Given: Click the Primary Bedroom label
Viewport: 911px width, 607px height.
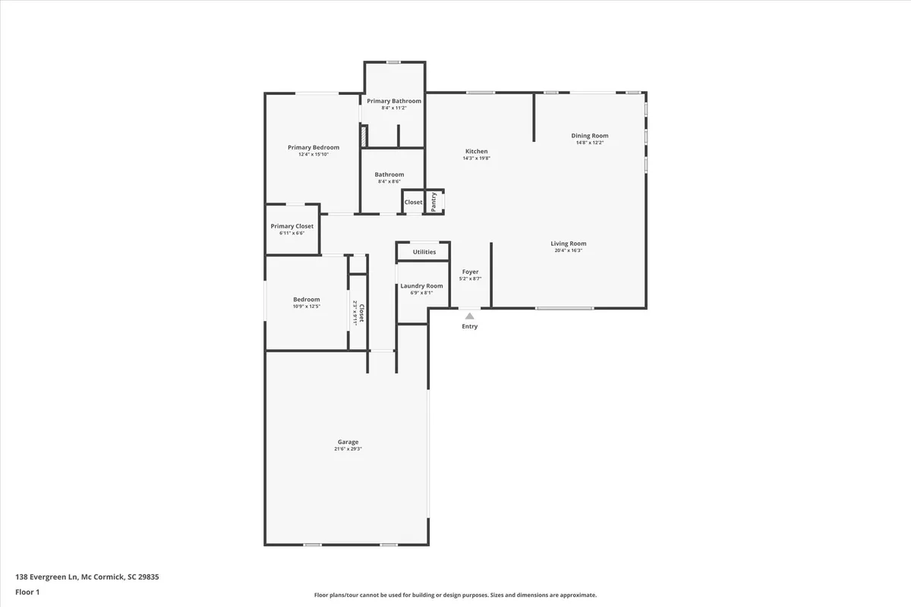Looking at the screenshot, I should click(x=313, y=147).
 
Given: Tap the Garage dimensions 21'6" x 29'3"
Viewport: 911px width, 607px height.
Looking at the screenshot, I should click(x=348, y=449).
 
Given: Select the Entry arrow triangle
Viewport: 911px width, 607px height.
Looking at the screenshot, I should click(x=470, y=316).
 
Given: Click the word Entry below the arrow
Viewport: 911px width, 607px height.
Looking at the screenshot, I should click(x=470, y=326).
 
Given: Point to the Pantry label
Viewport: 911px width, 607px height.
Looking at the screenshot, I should click(x=433, y=202).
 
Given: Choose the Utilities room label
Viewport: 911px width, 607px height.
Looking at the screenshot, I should click(x=424, y=252).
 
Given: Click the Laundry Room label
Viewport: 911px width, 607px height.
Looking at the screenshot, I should click(x=421, y=286).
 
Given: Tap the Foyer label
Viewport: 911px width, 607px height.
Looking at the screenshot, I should click(x=470, y=272).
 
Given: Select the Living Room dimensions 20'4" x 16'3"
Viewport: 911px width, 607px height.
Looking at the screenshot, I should click(x=568, y=250).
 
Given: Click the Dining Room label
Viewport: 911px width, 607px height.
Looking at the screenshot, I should click(x=590, y=136).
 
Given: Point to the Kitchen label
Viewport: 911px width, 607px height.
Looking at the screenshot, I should click(x=477, y=151).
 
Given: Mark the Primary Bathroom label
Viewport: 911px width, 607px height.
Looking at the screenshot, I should click(x=394, y=101).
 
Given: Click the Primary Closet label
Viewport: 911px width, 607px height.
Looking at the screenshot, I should click(x=292, y=226).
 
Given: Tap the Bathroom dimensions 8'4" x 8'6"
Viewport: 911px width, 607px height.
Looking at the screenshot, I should click(x=389, y=181).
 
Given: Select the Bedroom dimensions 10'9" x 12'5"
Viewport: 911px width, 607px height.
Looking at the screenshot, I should click(x=307, y=306).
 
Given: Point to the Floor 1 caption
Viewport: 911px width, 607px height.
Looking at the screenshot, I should click(x=27, y=591).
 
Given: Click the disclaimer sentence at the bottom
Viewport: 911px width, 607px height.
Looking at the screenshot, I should click(x=455, y=595).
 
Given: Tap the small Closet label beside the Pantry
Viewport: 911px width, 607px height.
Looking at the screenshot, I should click(x=413, y=202).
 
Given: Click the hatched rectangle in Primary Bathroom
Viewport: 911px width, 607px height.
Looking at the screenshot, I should click(x=364, y=137).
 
